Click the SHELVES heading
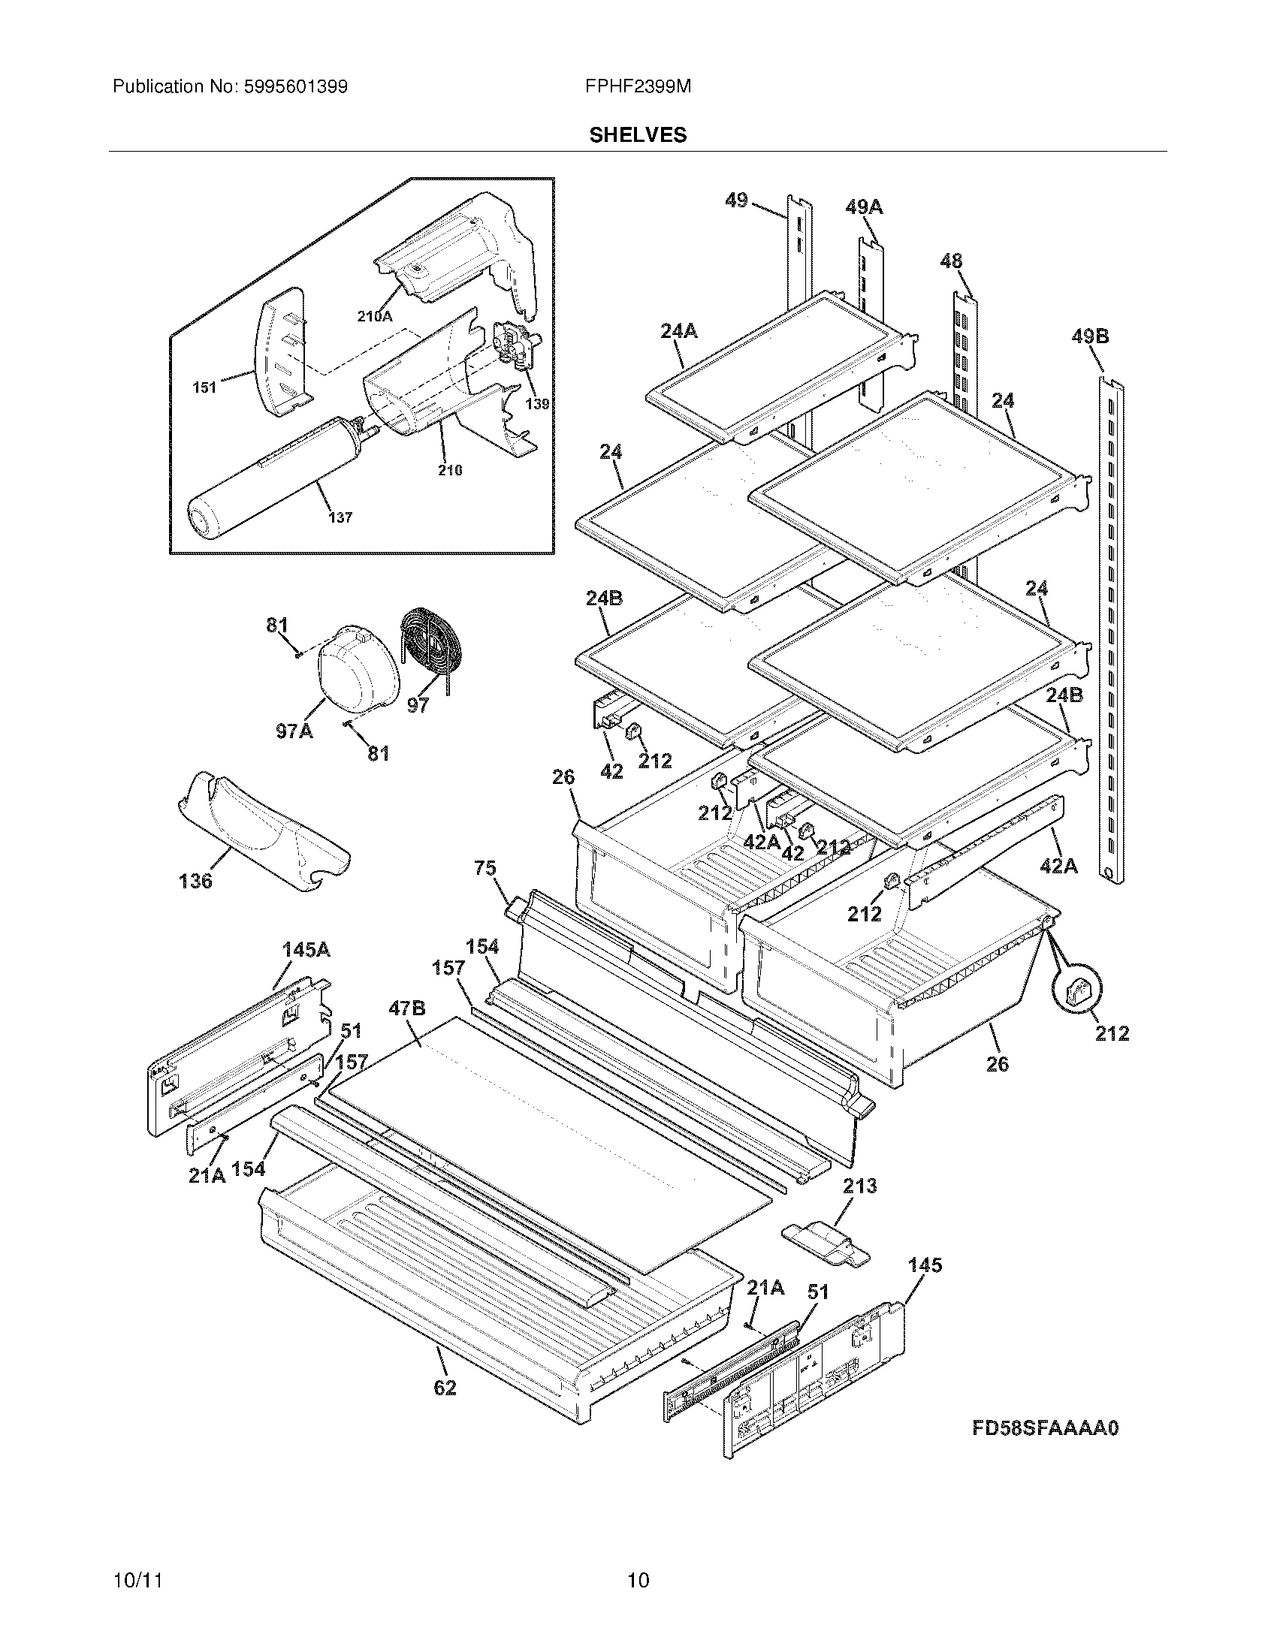[x=638, y=135]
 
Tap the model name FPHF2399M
[x=638, y=87]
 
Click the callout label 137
[x=340, y=517]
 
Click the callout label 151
[x=204, y=388]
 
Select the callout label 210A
[x=375, y=317]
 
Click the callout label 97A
[x=294, y=731]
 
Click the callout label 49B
[x=1090, y=336]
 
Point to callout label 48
[x=951, y=261]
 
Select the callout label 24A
[x=678, y=330]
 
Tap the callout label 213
[x=860, y=1185]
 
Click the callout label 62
[x=445, y=1388]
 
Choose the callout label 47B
[x=407, y=1008]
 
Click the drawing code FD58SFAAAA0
[x=1045, y=1428]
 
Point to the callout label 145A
[x=306, y=950]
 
